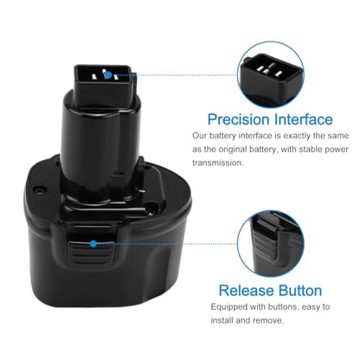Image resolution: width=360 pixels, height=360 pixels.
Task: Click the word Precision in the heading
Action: (238, 120)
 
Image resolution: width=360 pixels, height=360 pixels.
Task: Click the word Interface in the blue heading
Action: (303, 119)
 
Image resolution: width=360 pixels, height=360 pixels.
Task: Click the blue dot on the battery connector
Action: (108, 75)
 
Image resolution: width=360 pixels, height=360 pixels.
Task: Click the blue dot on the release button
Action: (93, 244)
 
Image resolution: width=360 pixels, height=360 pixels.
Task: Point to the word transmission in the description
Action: (218, 163)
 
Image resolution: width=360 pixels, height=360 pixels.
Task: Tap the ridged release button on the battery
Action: (91, 251)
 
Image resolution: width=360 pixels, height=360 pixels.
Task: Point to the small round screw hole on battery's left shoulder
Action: (39, 190)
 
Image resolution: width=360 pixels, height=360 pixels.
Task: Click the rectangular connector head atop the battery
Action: (104, 85)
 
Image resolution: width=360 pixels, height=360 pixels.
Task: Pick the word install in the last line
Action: (222, 320)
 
